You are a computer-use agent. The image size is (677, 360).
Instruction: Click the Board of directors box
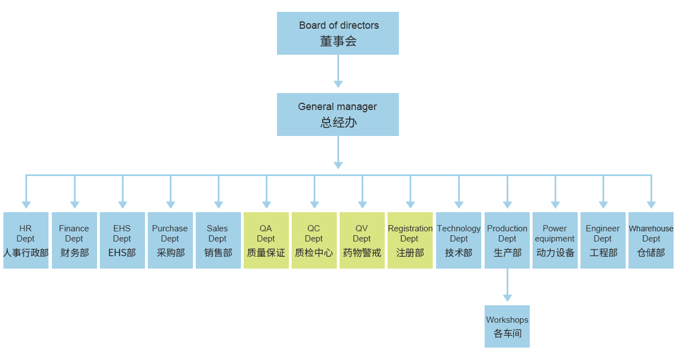point(337,33)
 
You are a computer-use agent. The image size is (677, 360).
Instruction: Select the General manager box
point(337,115)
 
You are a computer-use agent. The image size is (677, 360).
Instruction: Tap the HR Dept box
point(25,240)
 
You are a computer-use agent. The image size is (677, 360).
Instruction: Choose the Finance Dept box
point(74,240)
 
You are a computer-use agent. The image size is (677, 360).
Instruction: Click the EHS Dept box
point(122,240)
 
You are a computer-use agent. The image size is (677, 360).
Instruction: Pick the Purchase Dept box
point(170,240)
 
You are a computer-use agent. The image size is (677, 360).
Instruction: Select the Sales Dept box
point(218,240)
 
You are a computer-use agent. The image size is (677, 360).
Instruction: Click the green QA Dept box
point(266,240)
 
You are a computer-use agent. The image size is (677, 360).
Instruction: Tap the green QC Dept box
point(314,240)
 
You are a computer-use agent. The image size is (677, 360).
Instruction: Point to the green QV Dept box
point(362,240)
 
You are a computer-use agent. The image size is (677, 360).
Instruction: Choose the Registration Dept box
point(410,240)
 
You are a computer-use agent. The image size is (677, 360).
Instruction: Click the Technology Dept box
point(459,240)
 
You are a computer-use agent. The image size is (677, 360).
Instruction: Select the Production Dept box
point(507,240)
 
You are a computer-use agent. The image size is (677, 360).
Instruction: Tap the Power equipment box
point(555,240)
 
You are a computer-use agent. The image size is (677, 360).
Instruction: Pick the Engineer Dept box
point(603,240)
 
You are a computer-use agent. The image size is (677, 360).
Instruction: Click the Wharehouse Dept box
point(651,240)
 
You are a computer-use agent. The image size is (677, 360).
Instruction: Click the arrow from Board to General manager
point(338,71)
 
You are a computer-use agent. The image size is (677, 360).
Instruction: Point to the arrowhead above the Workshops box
point(507,297)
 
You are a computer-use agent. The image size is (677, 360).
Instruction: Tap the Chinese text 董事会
point(338,41)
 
